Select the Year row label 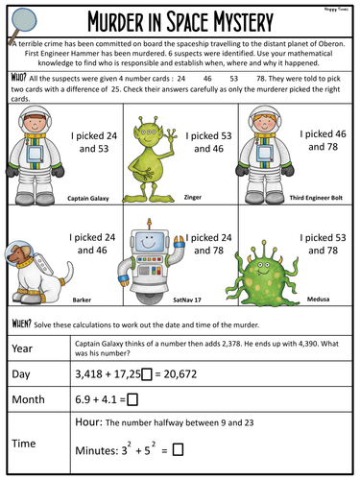tap(26, 347)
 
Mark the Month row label tap(31, 398)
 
